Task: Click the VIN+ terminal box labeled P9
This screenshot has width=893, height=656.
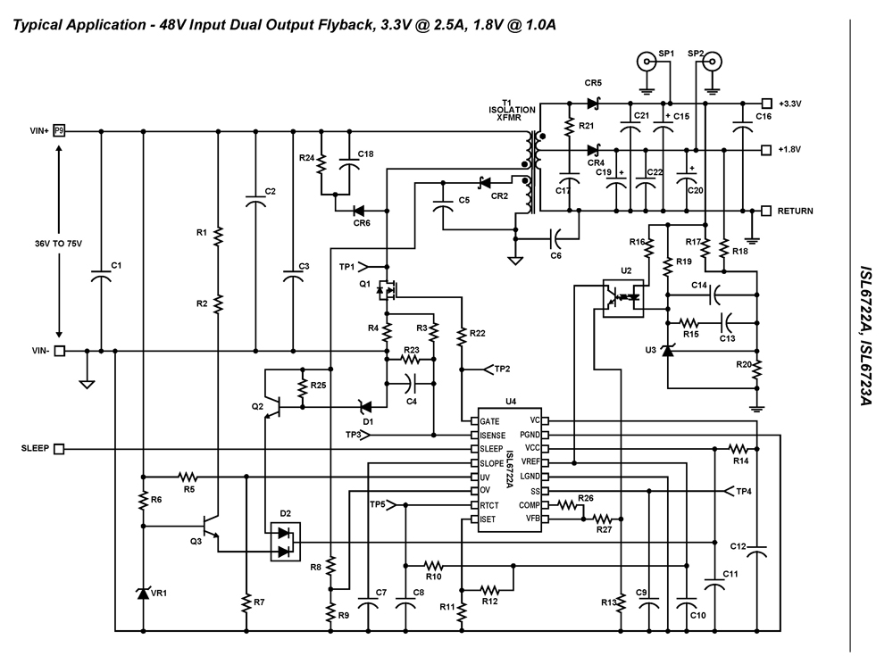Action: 60,130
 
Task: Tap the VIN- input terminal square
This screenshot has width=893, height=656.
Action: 60,351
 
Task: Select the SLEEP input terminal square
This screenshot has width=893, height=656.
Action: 60,449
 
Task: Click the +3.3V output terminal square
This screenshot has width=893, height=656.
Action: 765,104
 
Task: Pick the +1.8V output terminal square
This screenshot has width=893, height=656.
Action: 765,149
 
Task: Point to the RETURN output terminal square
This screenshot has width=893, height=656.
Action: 765,211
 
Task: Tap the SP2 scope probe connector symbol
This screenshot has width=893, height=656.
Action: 711,62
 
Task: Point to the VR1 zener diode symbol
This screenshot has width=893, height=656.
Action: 143,594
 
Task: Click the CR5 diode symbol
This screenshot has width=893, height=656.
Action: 592,104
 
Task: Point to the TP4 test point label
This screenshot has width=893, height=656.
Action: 743,491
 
